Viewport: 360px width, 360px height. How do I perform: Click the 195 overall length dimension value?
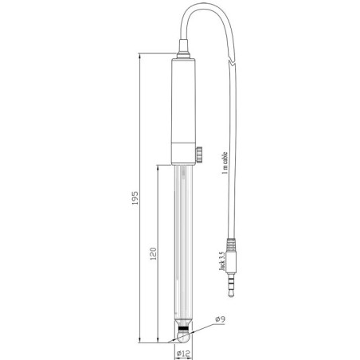pyautogui.click(x=135, y=198)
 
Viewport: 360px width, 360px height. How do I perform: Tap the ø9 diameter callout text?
pyautogui.click(x=221, y=320)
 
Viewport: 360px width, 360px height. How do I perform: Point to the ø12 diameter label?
pyautogui.click(x=183, y=353)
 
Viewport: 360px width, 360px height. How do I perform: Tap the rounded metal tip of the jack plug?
pyautogui.click(x=232, y=295)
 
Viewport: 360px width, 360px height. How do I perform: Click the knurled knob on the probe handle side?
pyautogui.click(x=198, y=151)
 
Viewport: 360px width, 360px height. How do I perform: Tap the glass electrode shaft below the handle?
pyautogui.click(x=183, y=239)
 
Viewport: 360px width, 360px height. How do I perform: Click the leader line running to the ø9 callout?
pyautogui.click(x=205, y=325)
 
